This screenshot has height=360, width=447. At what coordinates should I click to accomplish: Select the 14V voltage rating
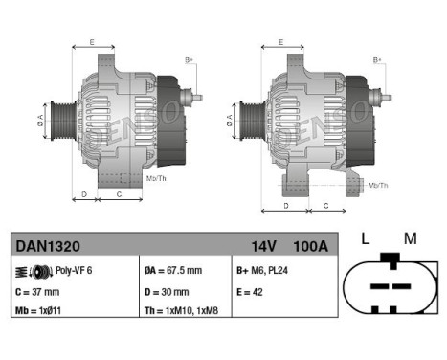pyautogui.click(x=264, y=246)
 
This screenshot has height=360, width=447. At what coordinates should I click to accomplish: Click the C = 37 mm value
pyautogui.click(x=38, y=292)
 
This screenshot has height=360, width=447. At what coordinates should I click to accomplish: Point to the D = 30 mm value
pyautogui.click(x=168, y=292)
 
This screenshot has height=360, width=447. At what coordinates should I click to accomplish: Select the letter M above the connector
pyautogui.click(x=411, y=238)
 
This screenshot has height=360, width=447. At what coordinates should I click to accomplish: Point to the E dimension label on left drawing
pyautogui.click(x=92, y=42)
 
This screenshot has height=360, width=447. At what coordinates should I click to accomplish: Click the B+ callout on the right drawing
pyautogui.click(x=377, y=60)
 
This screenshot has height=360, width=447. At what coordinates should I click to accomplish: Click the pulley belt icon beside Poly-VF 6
pyautogui.click(x=30, y=272)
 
